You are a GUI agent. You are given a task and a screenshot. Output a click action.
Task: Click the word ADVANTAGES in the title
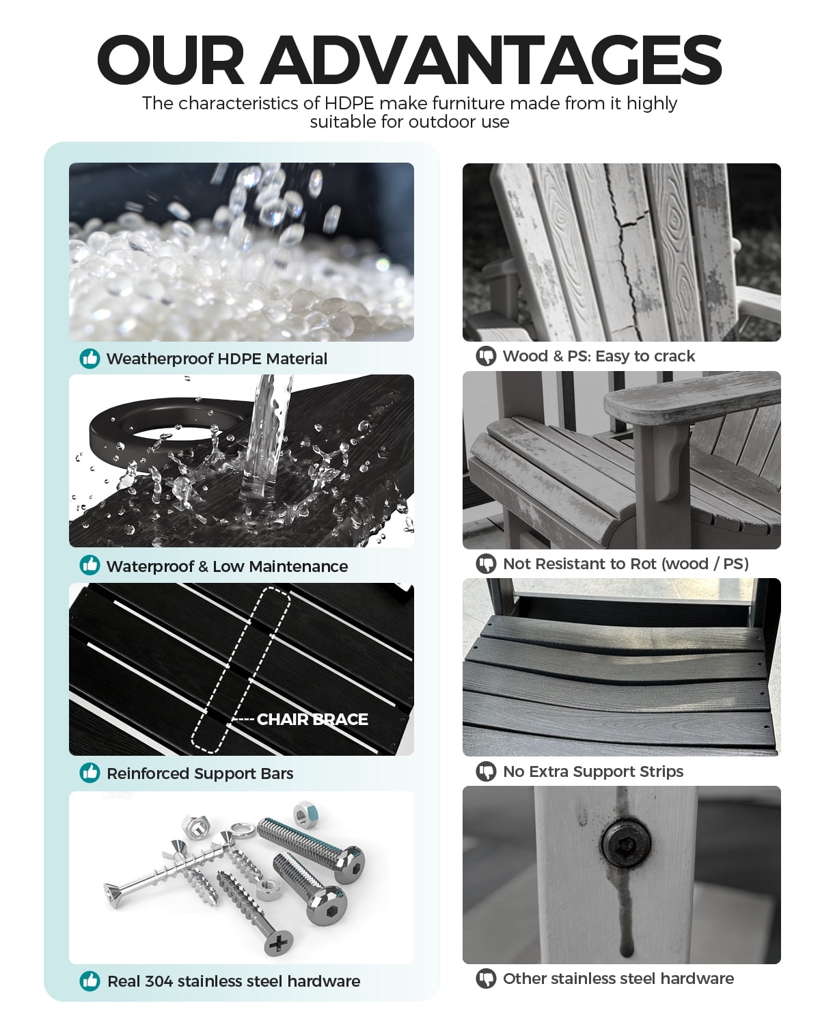click(x=493, y=60)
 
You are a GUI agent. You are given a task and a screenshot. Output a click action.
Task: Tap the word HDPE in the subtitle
click(x=348, y=103)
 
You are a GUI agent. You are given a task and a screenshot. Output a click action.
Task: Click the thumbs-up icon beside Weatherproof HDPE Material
click(x=90, y=359)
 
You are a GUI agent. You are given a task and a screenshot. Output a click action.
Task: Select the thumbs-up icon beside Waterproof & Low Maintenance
click(x=90, y=565)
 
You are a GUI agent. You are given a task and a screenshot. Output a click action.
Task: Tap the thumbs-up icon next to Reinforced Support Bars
click(x=90, y=773)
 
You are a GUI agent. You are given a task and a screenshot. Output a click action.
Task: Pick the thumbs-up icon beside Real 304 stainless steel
click(x=90, y=981)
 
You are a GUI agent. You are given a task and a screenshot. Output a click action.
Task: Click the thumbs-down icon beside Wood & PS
click(x=486, y=356)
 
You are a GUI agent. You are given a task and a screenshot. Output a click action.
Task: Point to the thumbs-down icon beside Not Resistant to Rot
click(x=486, y=564)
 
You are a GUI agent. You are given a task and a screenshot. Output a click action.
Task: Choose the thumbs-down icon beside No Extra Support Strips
click(x=486, y=771)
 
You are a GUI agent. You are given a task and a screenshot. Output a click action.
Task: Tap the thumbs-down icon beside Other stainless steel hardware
click(x=486, y=979)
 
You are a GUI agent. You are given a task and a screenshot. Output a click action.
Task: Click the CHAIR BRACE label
click(x=312, y=720)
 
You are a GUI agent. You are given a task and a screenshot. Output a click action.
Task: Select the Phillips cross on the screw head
click(x=278, y=942)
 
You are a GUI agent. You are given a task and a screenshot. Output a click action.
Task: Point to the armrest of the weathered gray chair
click(x=691, y=398)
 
